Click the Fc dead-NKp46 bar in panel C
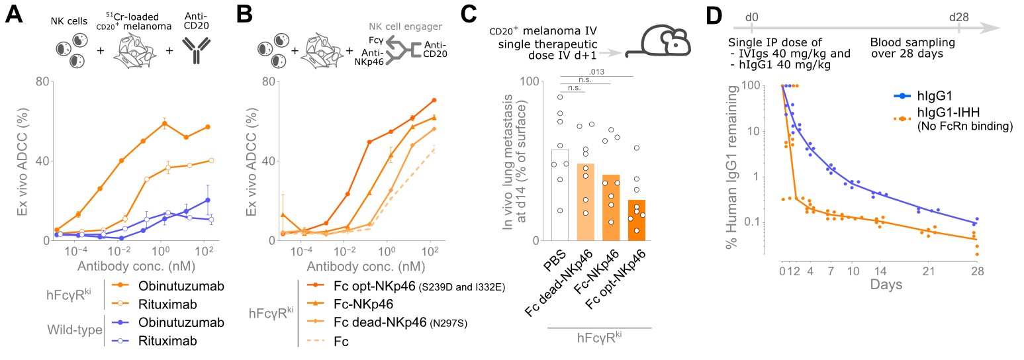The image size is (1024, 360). tap(586, 202)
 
